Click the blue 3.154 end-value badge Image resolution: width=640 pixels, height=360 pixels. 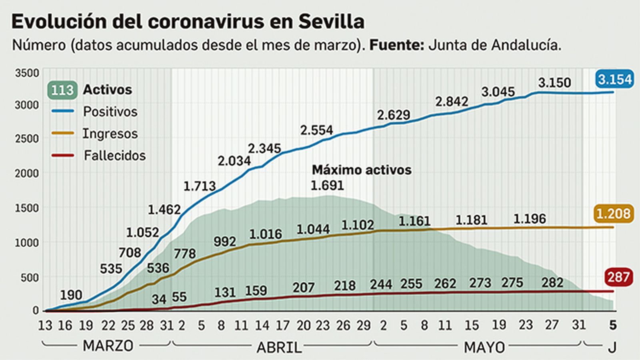tap(615, 79)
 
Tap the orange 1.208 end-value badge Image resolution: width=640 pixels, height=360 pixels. tap(613, 214)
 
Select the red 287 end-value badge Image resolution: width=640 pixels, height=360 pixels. tap(618, 277)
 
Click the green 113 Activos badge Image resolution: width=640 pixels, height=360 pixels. tap(62, 90)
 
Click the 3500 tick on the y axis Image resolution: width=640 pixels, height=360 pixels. tap(27, 73)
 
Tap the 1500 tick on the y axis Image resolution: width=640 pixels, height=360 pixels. tap(27, 208)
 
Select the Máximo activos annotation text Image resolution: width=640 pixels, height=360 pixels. tap(362, 170)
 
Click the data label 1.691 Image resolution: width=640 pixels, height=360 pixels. tap(327, 186)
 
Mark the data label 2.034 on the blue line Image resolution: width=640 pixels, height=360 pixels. tap(234, 161)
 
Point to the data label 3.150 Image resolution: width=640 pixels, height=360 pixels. tap(554, 83)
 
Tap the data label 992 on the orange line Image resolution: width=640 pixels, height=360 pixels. tap(224, 242)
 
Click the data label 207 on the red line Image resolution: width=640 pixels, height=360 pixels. tap(303, 288)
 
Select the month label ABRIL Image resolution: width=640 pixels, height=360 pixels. tap(279, 348)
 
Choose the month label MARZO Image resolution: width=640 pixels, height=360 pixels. tap(108, 346)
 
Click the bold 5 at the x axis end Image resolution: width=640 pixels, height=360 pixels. tap(612, 325)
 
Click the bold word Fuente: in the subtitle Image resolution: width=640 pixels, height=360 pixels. tap(396, 45)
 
